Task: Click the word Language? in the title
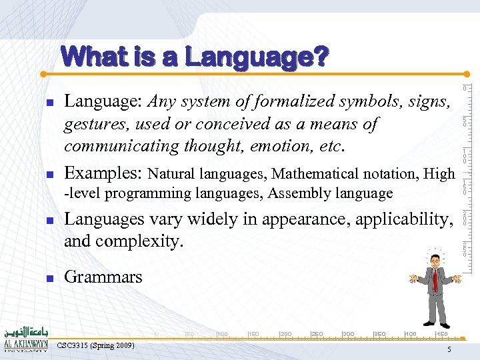[x=257, y=58]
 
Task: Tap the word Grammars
[x=103, y=277]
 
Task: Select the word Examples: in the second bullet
[x=103, y=173]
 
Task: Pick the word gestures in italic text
[x=93, y=125]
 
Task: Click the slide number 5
[x=450, y=349]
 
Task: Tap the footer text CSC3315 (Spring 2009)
[x=96, y=345]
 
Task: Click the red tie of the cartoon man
[x=435, y=280]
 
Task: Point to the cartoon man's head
[x=435, y=257]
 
